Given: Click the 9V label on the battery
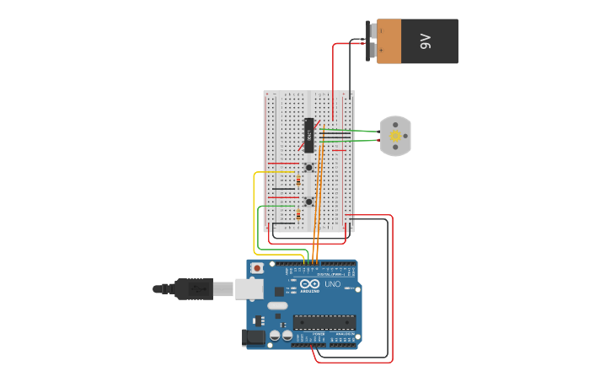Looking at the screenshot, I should point(426,40).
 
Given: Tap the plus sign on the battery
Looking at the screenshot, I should point(381,51).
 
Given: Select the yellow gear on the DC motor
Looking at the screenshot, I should point(395,135).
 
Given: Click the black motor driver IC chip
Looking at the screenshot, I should point(309,135).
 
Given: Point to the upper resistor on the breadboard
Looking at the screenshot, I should point(298,180).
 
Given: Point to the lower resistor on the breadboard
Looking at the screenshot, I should point(298,214).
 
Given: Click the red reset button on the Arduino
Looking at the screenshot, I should point(257,268).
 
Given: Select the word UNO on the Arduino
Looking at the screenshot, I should point(332,285).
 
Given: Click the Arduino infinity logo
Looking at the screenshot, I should point(309,284).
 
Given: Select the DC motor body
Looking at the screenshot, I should point(395,136).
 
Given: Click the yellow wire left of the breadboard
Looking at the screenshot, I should point(255,211).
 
